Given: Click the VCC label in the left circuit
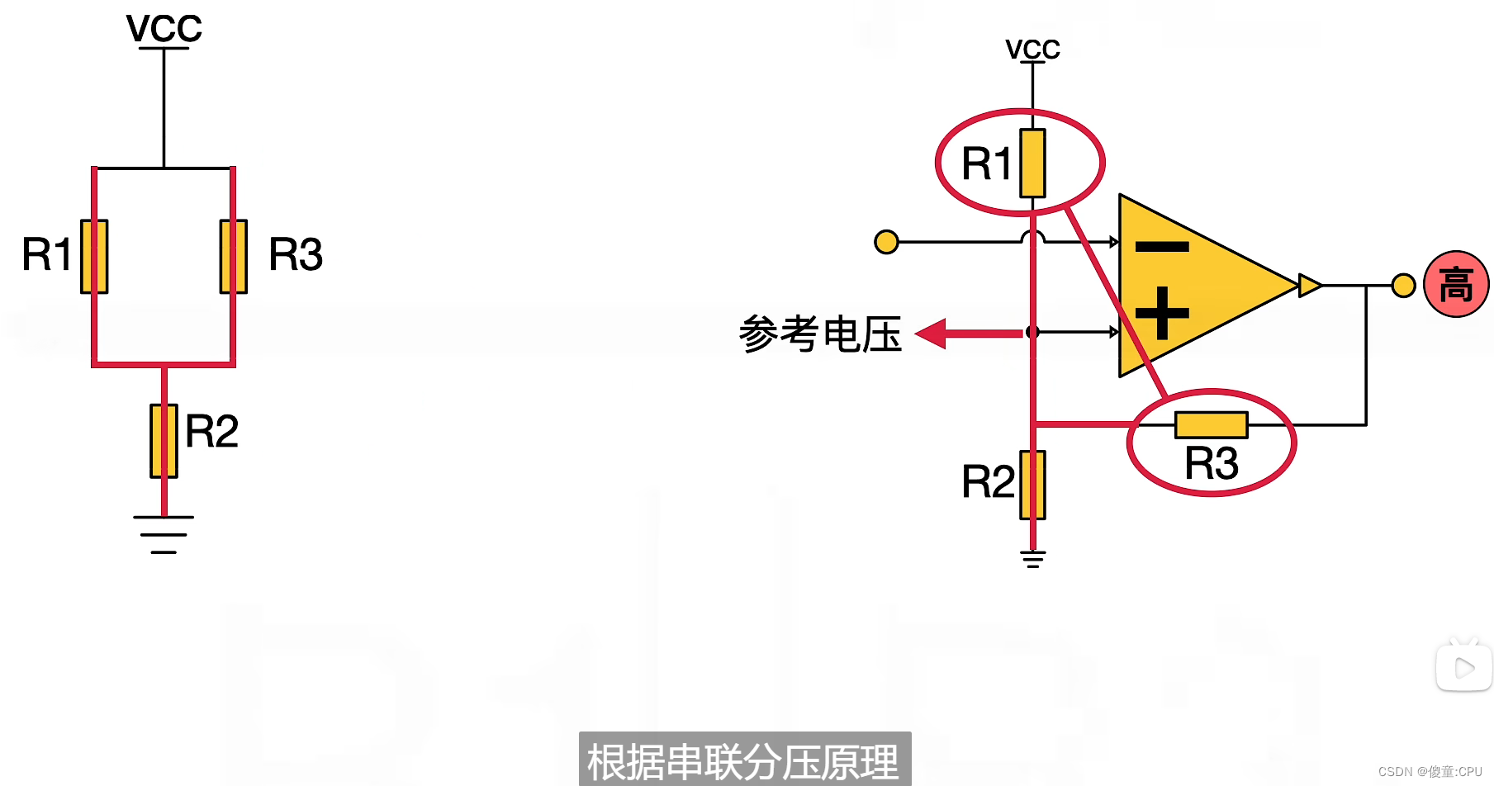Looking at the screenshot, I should point(164,29).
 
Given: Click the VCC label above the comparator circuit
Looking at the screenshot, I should point(1032,50).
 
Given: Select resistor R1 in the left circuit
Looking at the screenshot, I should point(94,256).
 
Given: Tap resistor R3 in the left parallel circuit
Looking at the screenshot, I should point(234,256).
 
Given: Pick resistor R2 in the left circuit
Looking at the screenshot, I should point(164,441).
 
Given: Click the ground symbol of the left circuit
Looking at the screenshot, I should point(164,534).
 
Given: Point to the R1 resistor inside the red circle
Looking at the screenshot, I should point(1032,163).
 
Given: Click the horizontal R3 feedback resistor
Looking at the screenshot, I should point(1211,425).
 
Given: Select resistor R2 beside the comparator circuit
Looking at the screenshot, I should point(1032,485).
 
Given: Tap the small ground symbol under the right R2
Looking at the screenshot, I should point(1032,559).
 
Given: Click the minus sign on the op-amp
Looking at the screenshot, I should point(1162,246).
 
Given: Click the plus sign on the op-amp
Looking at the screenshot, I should point(1162,313).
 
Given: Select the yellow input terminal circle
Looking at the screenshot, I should point(886,242).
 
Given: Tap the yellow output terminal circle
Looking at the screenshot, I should point(1403,286).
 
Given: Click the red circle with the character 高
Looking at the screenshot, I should point(1456,285).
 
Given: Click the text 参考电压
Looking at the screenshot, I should point(819,334).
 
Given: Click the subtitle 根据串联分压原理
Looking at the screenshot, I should point(743,761).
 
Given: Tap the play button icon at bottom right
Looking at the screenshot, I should point(1464,667).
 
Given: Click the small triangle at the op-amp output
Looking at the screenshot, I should point(1309,286).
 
